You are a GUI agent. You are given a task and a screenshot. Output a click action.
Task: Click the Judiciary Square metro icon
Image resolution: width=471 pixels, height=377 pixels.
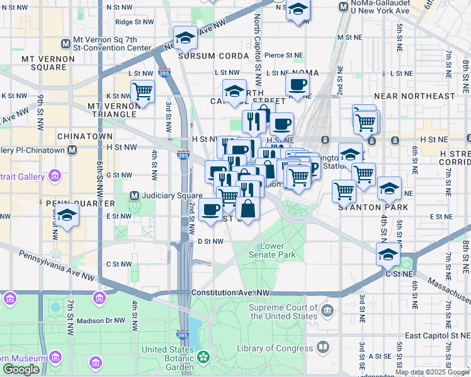133,195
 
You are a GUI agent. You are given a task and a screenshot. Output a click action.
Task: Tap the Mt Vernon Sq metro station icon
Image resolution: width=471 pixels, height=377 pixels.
66,43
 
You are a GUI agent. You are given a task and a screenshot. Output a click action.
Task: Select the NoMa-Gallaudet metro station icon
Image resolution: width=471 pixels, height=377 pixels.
343,7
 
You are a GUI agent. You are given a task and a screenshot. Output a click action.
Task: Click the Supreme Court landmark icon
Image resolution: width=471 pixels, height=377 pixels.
327,310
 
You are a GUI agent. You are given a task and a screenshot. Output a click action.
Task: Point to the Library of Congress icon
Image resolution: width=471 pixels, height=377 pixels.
323,347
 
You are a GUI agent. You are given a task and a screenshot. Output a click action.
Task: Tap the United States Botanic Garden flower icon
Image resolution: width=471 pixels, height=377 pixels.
203,357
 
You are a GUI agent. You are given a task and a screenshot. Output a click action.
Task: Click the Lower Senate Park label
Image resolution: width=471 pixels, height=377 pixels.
278,251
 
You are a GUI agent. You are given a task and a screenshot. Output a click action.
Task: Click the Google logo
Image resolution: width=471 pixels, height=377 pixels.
21,369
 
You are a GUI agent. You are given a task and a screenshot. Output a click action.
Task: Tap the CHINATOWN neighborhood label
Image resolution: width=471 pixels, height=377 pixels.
85,136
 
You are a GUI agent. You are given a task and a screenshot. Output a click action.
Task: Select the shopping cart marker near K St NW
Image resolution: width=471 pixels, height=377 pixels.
143,92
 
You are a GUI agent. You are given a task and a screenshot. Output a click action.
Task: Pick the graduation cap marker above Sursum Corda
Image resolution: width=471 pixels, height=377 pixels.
185,38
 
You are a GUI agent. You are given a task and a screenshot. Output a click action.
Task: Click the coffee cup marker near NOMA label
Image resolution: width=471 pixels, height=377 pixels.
297,84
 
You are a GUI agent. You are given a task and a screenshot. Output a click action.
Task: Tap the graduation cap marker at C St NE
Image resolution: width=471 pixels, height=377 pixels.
389,254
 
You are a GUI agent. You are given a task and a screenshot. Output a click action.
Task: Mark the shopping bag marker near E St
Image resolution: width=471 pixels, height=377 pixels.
249,209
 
